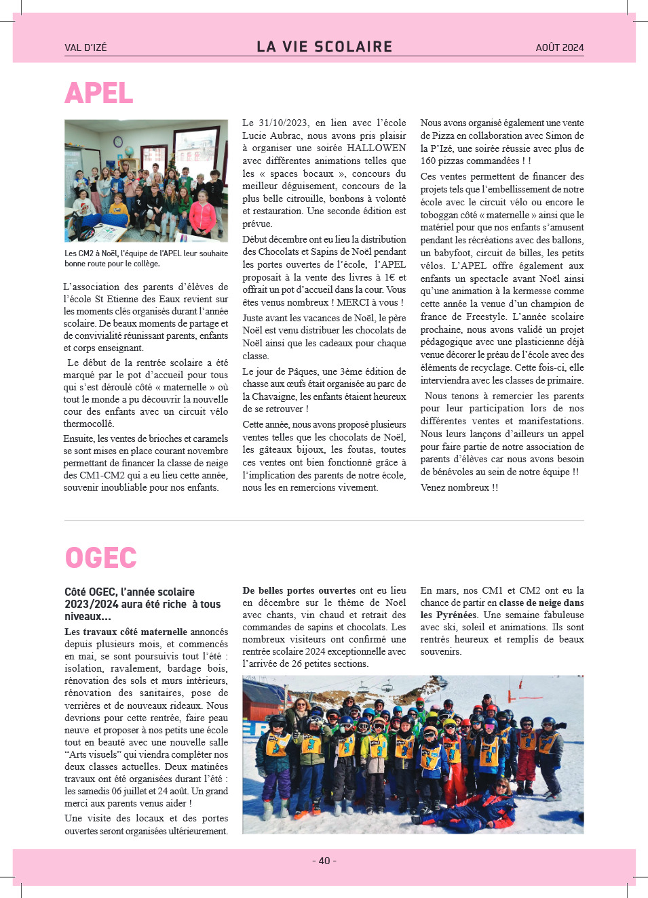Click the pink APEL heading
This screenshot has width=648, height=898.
(99, 94)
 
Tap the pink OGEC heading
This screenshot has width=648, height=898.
(100, 558)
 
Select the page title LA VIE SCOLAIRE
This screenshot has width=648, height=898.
(324, 47)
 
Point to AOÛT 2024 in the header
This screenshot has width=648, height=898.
(559, 47)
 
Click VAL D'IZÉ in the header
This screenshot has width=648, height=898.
(85, 47)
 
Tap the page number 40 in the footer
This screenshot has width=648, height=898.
(324, 861)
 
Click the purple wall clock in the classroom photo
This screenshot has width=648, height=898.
(118, 142)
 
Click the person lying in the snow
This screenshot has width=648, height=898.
(475, 807)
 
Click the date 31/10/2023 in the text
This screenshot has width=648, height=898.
(283, 123)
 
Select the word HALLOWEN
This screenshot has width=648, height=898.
(377, 148)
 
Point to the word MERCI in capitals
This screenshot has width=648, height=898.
(354, 303)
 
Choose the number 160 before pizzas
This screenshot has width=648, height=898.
(428, 161)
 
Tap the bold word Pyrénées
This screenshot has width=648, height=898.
(456, 615)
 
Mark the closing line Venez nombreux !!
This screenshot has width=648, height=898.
(459, 488)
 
